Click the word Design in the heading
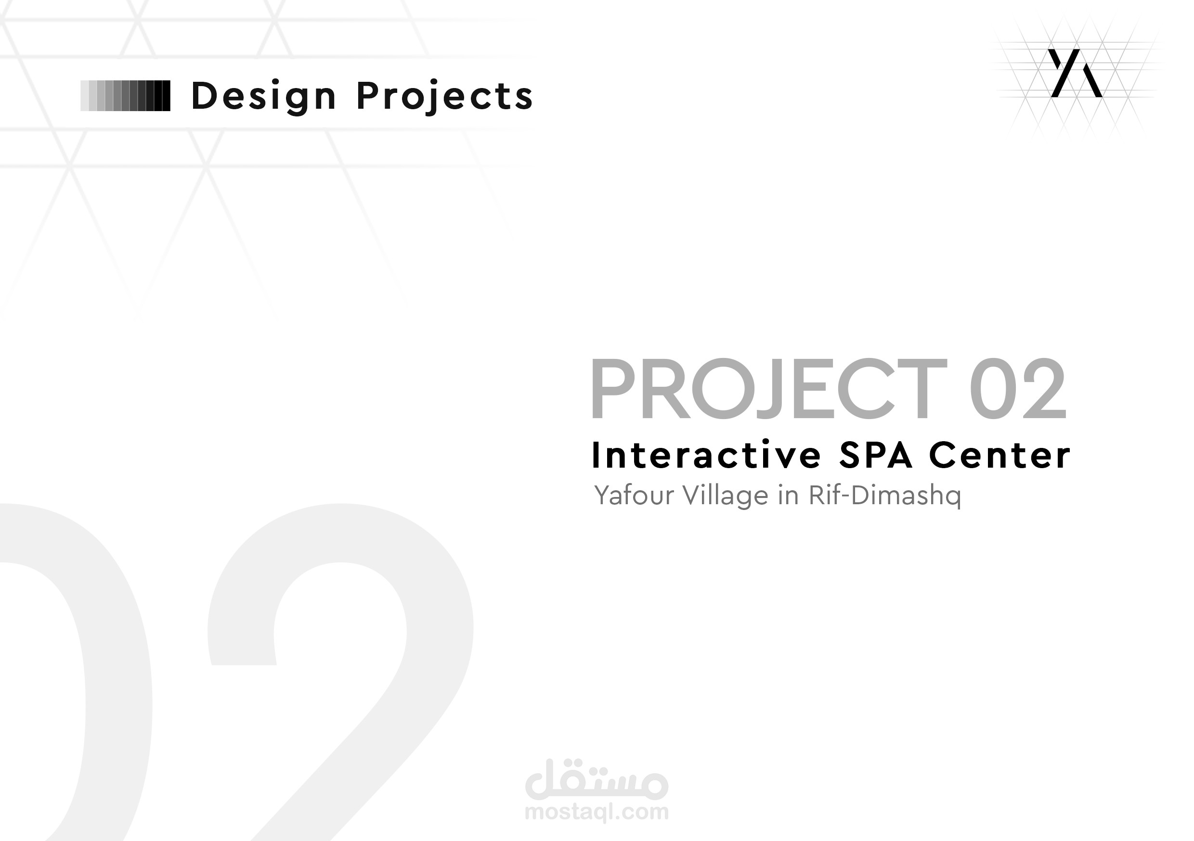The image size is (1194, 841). coord(264,97)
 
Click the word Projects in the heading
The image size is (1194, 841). coord(445,97)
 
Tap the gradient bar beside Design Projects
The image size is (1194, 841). coord(125,96)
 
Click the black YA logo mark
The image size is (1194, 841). coord(1075,73)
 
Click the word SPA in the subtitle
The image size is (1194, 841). coord(876,455)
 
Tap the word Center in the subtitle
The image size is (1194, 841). coord(999,455)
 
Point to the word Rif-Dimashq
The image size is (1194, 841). coord(884,496)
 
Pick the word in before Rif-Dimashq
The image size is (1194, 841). coord(788,496)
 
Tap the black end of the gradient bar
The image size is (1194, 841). coord(165,96)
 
